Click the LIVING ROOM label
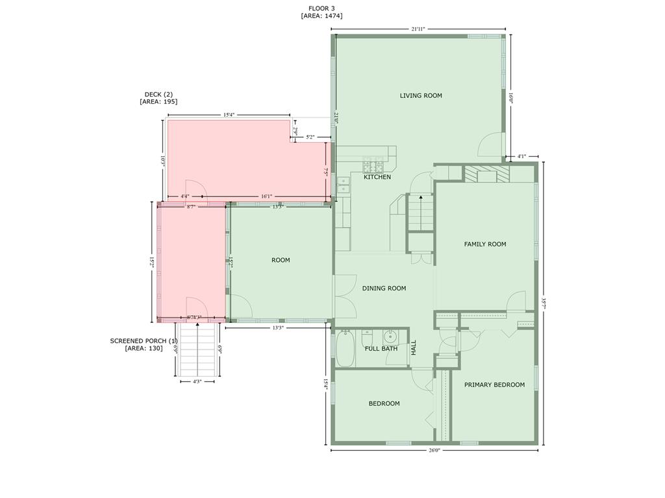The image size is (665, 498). (x=421, y=96)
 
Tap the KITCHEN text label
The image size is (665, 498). (x=377, y=177)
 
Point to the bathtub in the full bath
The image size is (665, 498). (x=344, y=349)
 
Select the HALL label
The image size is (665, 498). (x=414, y=348)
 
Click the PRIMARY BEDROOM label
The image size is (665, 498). (x=494, y=385)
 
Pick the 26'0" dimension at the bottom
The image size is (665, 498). (x=434, y=450)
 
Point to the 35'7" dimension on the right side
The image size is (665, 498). (x=544, y=303)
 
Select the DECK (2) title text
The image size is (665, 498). (x=158, y=95)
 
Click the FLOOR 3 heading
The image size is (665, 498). (x=321, y=8)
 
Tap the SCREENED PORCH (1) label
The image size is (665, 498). (x=144, y=341)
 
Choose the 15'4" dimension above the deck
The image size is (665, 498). (x=229, y=115)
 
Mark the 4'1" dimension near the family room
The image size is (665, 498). (x=522, y=156)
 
